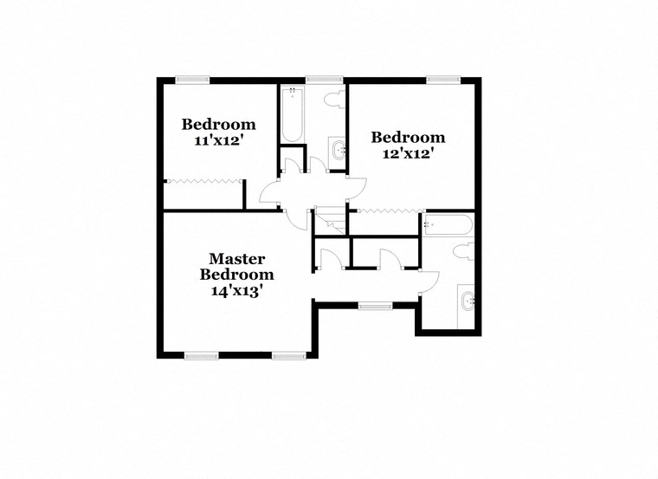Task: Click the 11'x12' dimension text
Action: tap(218, 139)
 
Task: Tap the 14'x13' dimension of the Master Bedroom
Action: tap(236, 291)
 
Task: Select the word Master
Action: tap(236, 259)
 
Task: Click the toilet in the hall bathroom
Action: tap(332, 101)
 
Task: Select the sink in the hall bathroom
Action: tap(338, 152)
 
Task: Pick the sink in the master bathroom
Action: tap(468, 302)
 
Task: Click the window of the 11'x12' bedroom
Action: tap(191, 81)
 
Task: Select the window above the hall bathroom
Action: tap(320, 81)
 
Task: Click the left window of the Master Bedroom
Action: tap(201, 354)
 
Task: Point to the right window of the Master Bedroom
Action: tap(288, 354)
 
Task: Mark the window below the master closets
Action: tap(373, 304)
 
